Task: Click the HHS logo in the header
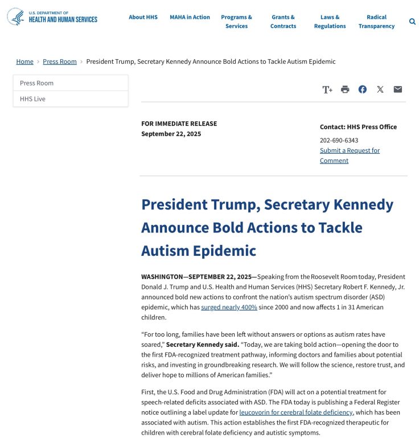coord(52,17)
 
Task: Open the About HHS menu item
coord(143,17)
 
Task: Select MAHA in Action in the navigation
coord(190,17)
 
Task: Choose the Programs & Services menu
coord(236,22)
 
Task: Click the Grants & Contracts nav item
coord(283,22)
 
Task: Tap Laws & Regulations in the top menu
coord(330,22)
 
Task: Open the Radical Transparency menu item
coord(376,22)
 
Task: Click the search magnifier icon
coord(412,22)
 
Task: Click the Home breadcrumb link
coord(24,62)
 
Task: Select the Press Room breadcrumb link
coord(60,62)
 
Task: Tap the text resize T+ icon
coord(327,89)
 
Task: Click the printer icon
coord(345,89)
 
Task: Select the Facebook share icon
coord(363,89)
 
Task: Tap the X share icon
coord(380,89)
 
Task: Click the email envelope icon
coord(398,89)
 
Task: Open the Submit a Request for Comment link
coord(350,155)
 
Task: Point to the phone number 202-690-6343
coord(339,140)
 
